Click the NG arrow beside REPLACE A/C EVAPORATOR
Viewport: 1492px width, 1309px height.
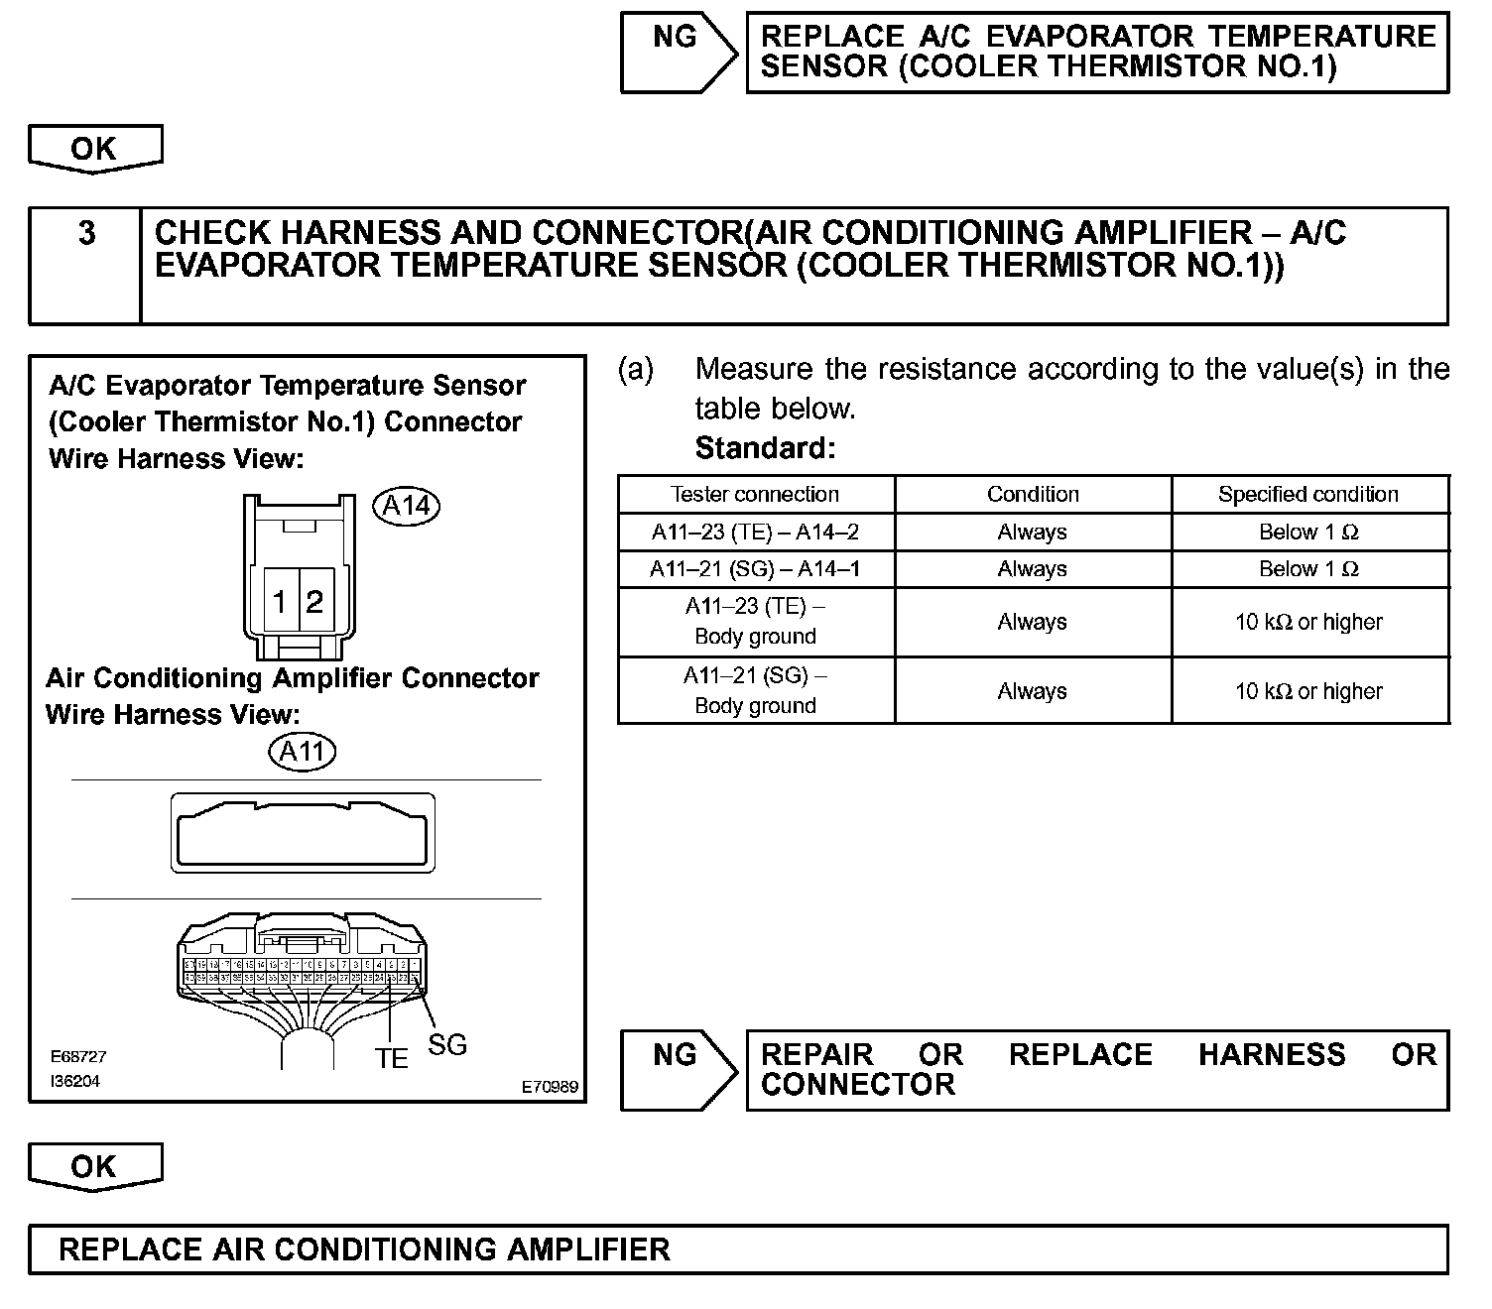[x=678, y=52]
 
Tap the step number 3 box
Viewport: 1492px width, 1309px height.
[x=86, y=265]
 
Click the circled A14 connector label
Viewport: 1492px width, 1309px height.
[x=406, y=506]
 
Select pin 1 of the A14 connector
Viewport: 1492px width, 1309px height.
[x=281, y=601]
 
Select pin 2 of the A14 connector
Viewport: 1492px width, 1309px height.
[x=314, y=601]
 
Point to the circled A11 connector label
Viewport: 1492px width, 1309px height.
[x=303, y=751]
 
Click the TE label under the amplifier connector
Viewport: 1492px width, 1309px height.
[x=392, y=1059]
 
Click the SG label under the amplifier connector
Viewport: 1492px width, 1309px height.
[x=446, y=1044]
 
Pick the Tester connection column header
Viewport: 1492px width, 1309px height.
[x=755, y=494]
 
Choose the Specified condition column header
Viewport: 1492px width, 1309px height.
[x=1308, y=494]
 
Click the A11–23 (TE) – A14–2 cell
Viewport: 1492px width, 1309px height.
[x=755, y=532]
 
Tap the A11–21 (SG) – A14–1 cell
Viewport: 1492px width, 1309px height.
[x=755, y=569]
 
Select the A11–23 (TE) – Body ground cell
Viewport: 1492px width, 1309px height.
[x=755, y=622]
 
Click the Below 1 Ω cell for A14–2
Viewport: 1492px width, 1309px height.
[x=1308, y=532]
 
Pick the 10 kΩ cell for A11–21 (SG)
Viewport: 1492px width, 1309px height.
[x=1308, y=691]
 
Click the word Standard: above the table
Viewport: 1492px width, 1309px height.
[x=765, y=448]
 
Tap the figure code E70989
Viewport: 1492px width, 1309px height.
[x=550, y=1088]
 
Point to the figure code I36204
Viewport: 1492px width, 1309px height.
[x=75, y=1081]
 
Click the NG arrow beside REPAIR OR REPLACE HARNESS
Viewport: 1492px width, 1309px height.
[x=678, y=1069]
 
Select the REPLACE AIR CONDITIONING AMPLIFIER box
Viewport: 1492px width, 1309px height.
[x=738, y=1249]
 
